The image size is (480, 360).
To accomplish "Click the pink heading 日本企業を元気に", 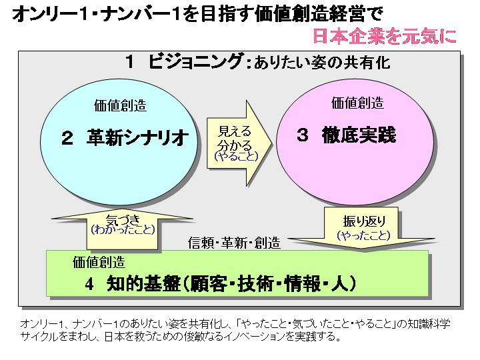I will coord(385,35).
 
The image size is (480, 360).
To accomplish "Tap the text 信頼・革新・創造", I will coord(234,242).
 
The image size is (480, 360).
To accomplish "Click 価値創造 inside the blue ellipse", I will coord(121,106).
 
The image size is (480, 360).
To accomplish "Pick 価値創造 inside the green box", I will coord(99,262).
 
